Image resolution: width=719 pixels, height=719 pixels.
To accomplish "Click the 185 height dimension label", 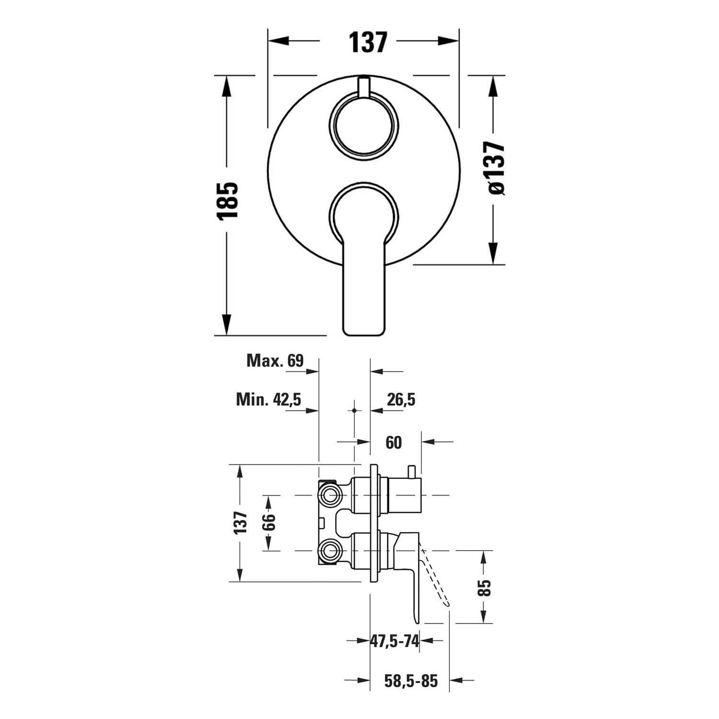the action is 227,201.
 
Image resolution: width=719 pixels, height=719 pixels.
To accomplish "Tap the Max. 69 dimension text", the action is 275,360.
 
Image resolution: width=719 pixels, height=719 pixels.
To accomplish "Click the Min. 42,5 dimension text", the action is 268,399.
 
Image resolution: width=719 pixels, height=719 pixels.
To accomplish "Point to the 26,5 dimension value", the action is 401,399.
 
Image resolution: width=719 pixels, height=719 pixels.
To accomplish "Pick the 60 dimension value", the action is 394,442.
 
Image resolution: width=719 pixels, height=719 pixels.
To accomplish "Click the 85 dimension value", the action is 485,588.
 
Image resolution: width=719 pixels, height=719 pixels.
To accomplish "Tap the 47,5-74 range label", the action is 395,640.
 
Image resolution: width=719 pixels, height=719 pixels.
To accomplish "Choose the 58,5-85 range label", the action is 411,681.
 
